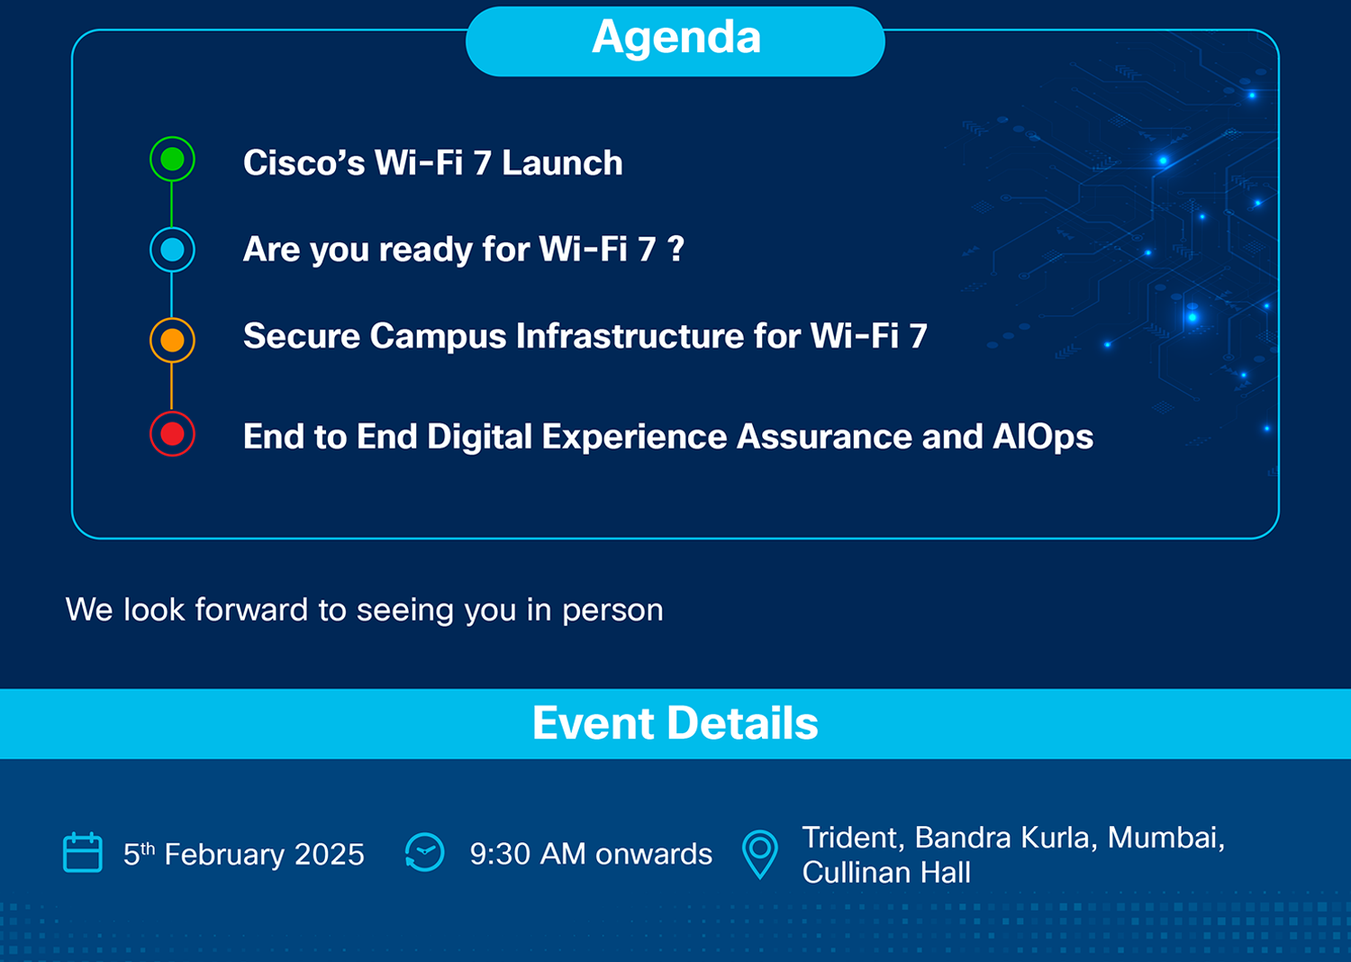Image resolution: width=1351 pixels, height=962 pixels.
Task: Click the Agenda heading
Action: coord(675,39)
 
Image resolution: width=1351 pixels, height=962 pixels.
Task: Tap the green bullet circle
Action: coord(173,159)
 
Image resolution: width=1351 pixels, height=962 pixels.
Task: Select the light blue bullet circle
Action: coord(173,250)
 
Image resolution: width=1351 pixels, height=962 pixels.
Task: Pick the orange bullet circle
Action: coord(173,340)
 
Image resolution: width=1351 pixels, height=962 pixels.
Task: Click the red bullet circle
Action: coord(173,433)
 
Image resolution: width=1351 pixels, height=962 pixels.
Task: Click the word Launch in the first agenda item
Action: coord(562,163)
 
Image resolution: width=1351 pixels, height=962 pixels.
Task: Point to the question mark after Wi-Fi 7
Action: coord(676,248)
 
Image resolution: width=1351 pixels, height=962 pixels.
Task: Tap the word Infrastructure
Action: coord(630,335)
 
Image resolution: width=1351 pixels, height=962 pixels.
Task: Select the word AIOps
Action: coord(1043,437)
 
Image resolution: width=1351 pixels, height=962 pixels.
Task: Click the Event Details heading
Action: coord(675,722)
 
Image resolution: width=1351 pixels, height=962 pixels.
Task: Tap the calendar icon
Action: coord(83,852)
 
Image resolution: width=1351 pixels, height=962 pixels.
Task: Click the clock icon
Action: coord(424,852)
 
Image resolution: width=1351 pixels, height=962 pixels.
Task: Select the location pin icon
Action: coord(760,855)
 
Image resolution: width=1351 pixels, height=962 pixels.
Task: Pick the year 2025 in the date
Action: coord(330,854)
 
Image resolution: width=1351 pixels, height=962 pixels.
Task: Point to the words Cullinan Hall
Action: coord(886,872)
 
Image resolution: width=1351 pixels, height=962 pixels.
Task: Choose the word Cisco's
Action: coord(304,163)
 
